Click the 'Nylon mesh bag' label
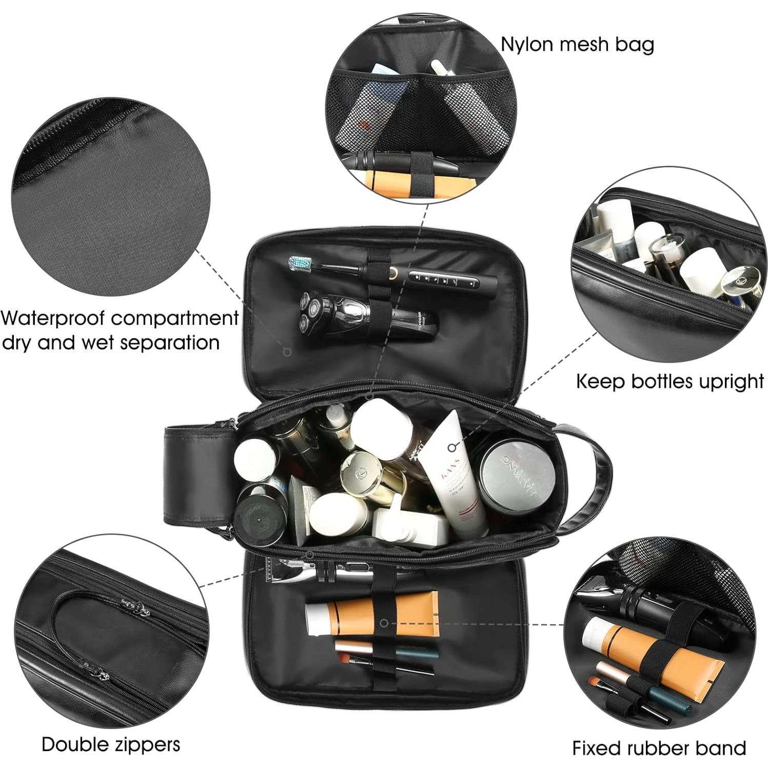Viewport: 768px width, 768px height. point(577,44)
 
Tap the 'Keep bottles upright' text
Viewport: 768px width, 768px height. point(669,381)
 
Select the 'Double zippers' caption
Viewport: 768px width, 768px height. point(111,744)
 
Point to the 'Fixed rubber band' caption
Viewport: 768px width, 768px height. point(659,747)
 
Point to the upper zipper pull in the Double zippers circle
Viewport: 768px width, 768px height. point(137,608)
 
